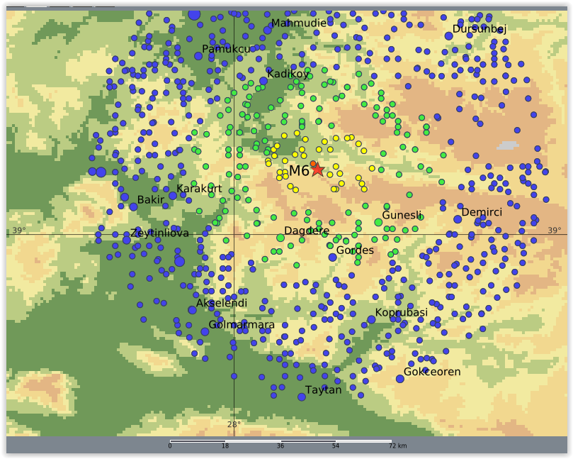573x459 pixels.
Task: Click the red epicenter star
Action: coord(317,169)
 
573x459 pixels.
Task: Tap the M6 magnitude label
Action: coord(298,171)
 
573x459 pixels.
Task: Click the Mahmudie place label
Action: coord(299,23)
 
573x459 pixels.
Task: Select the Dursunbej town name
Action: coord(480,29)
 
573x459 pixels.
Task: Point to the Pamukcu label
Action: coord(226,49)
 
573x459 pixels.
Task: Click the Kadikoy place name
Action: coord(288,74)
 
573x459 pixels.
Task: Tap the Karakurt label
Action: coord(199,189)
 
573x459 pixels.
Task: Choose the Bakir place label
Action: coord(150,200)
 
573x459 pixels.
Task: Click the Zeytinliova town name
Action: coord(159,233)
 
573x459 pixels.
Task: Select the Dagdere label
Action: coord(307,231)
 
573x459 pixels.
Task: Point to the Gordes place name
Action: coord(355,250)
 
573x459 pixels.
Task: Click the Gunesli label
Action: coord(402,216)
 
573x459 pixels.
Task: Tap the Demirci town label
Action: coord(482,213)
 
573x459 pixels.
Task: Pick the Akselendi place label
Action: coord(222,304)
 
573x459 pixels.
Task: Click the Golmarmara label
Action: coord(242,325)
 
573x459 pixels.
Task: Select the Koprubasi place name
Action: coord(401,313)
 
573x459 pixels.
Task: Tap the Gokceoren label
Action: coord(432,372)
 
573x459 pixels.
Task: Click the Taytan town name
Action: coord(324,390)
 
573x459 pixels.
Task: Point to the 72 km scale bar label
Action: coord(397,446)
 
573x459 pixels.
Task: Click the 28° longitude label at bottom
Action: coord(234,425)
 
